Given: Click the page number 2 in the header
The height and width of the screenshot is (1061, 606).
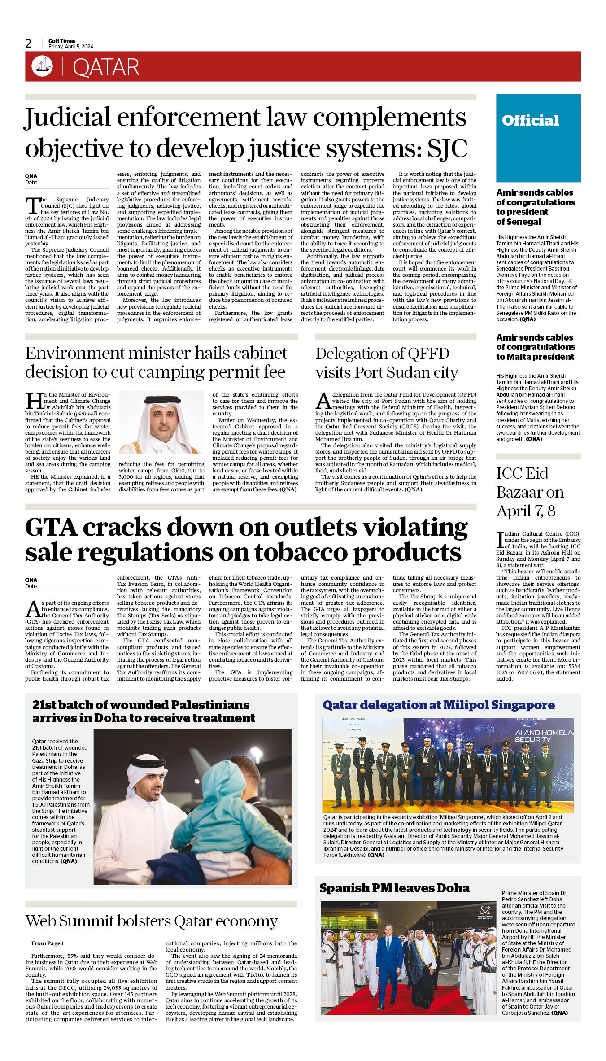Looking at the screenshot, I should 29,44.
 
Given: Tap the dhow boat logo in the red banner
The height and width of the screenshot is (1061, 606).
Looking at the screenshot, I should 42,66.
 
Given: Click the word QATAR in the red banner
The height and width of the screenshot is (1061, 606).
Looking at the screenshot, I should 106,67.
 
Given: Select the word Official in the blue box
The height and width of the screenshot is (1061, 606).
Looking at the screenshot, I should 530,120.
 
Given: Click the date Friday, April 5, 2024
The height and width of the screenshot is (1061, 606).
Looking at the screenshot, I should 71,47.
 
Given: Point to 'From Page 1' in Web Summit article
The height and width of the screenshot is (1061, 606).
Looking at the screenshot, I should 48,943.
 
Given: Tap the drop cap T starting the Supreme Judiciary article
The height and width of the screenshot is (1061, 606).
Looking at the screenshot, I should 32,206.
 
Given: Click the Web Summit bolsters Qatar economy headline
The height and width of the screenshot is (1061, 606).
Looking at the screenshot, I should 152,921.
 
